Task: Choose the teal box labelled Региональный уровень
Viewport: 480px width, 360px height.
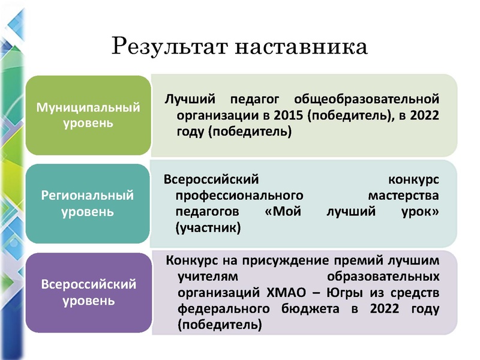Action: point(88,203)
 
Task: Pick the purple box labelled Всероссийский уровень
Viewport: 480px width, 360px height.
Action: point(88,292)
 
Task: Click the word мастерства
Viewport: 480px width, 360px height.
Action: point(403,196)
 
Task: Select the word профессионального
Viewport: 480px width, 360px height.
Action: point(238,196)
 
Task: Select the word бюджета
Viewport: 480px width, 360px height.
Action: point(319,310)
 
